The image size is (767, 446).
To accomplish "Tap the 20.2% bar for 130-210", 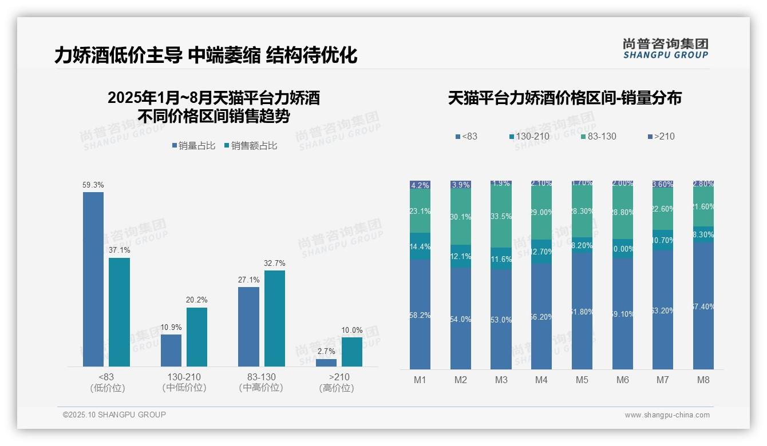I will pos(197,337).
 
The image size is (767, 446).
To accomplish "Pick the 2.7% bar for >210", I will pos(326,363).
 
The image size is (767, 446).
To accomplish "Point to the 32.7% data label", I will pos(275,263).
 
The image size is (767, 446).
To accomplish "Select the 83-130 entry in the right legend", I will pos(598,136).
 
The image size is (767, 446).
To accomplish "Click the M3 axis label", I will pos(501,380).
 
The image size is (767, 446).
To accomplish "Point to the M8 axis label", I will pos(703,380).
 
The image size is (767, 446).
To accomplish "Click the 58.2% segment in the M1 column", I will pos(420,314).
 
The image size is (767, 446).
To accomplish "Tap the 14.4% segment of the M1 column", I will pos(420,246).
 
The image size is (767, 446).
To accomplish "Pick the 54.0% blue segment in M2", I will pos(461,318).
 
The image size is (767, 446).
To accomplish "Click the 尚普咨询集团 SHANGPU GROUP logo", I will pos(666,49).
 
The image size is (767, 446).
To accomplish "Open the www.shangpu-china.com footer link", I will pos(667,415).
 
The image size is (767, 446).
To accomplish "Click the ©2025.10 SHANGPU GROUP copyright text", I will pos(114,415).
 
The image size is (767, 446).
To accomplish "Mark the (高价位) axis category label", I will pos(337,388).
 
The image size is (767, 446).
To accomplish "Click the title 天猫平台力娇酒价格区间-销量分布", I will pos(564,98).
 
